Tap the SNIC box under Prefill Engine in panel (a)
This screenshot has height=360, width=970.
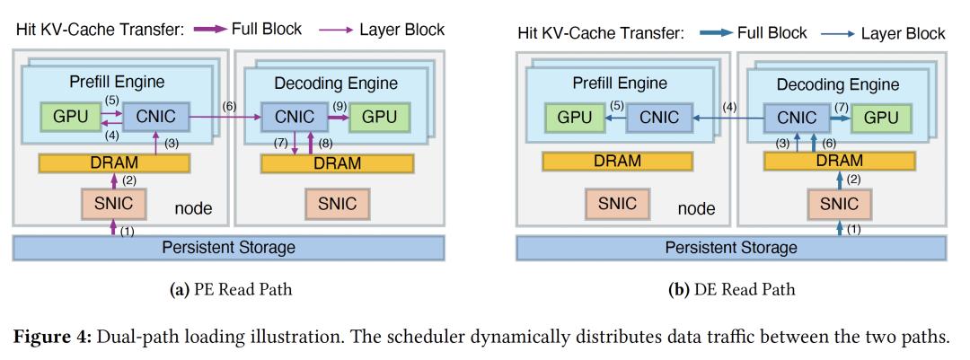[x=114, y=203]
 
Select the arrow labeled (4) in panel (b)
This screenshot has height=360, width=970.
[x=728, y=117]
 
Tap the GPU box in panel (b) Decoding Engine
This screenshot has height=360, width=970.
[x=875, y=118]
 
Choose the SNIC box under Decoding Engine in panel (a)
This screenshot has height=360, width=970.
[x=336, y=203]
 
